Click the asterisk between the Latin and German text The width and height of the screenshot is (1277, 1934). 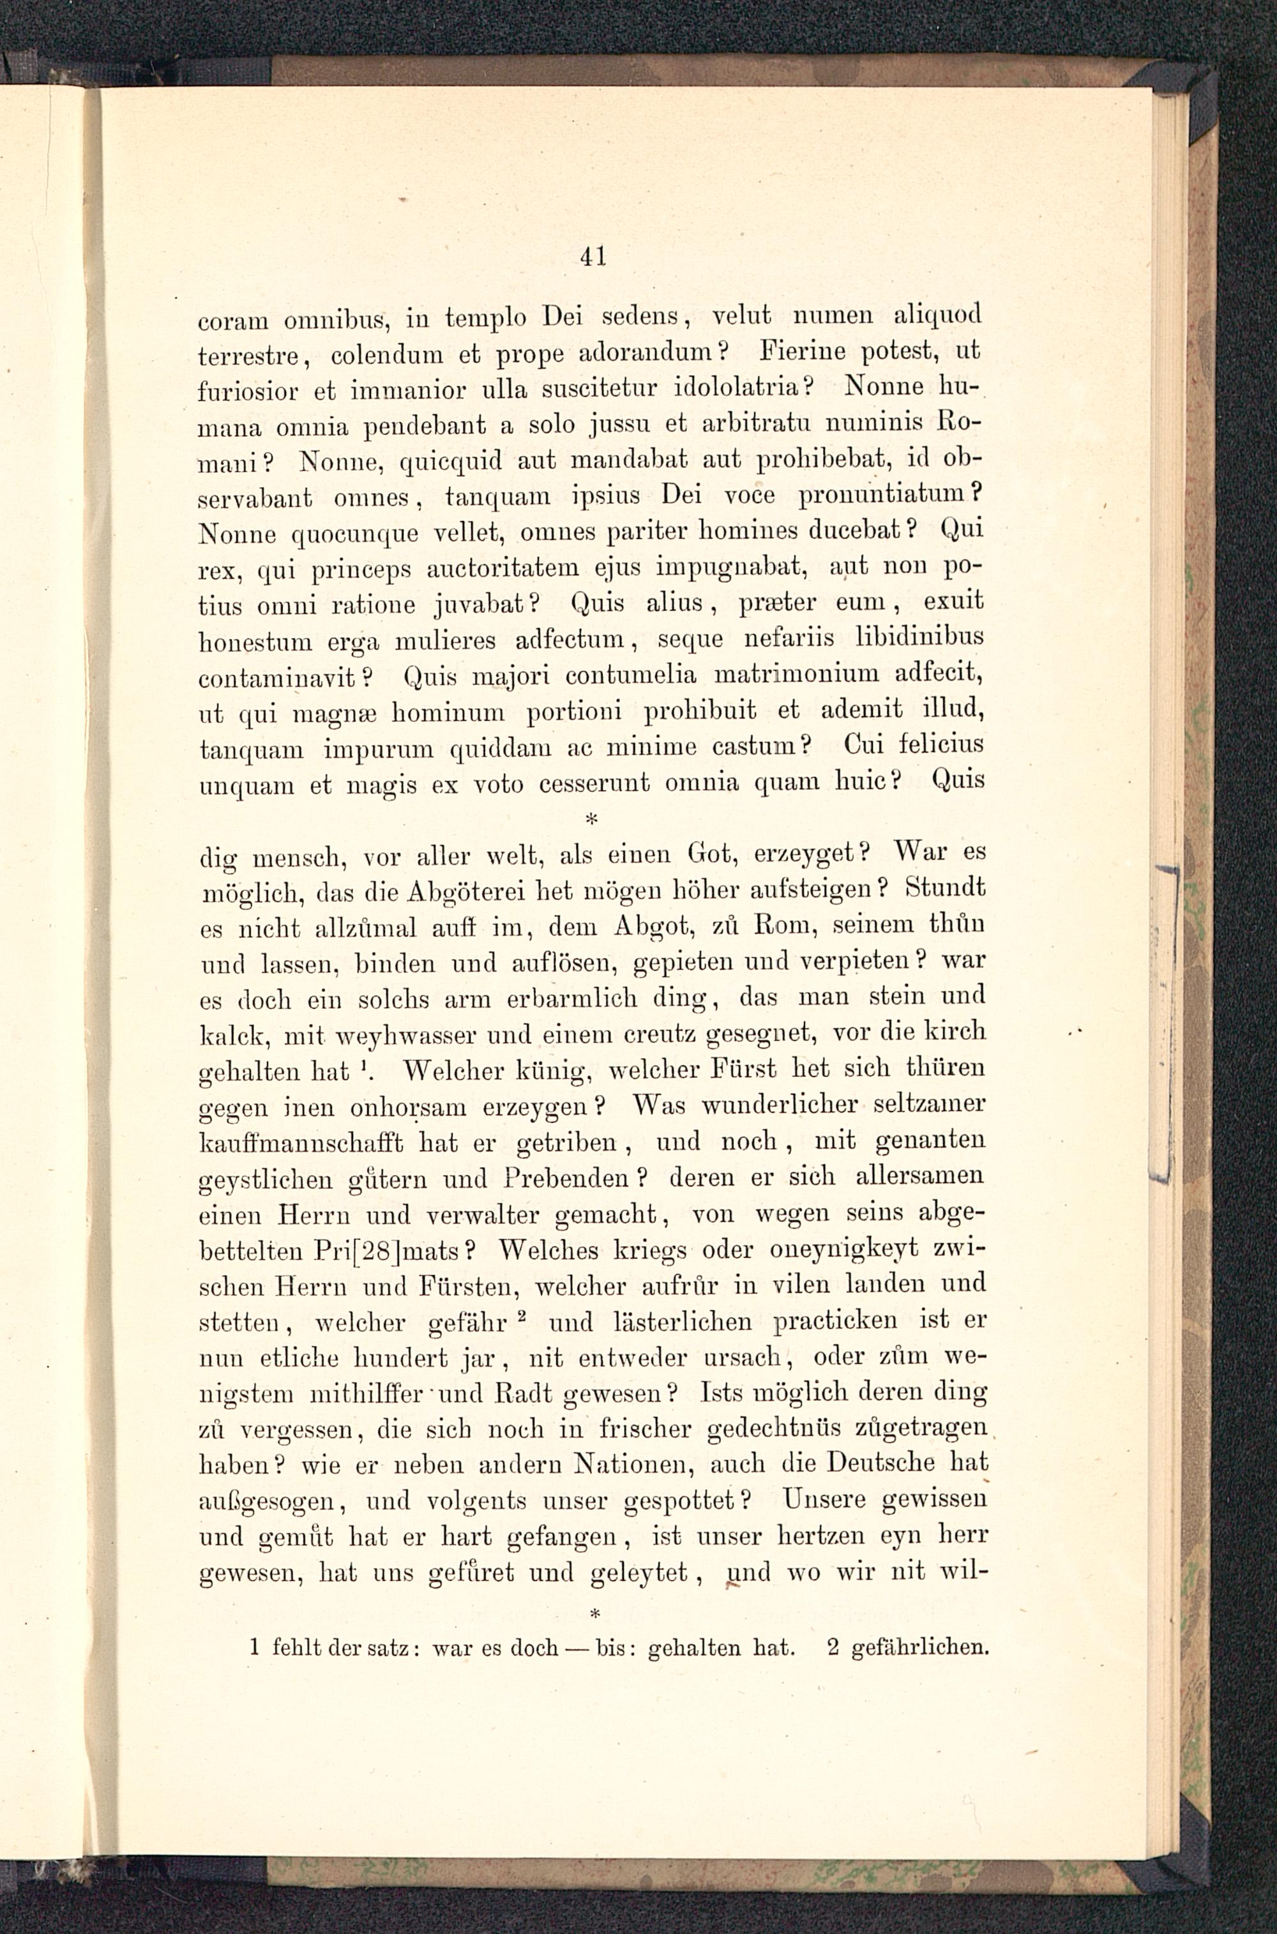point(591,817)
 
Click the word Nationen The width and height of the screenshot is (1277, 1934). point(633,1465)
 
